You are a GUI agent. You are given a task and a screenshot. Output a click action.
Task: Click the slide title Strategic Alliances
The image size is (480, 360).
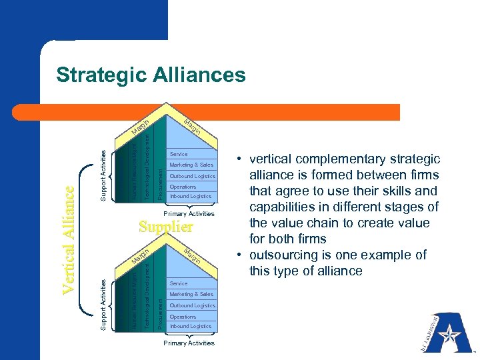[x=151, y=75]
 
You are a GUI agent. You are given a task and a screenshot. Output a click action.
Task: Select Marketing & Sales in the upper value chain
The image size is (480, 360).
[x=191, y=165]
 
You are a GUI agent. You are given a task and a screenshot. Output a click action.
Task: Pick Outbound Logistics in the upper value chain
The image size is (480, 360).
[x=193, y=176]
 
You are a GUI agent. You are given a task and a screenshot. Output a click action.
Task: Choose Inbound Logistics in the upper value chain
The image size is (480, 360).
[x=191, y=196]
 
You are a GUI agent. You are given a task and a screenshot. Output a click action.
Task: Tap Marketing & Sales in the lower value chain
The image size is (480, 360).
[x=191, y=294]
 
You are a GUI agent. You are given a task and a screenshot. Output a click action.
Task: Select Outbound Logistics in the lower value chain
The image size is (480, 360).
[x=193, y=305]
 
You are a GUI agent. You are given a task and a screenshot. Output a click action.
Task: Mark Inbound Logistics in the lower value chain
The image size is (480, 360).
[x=191, y=326]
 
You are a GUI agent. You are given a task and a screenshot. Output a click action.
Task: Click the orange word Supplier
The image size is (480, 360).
[x=166, y=227]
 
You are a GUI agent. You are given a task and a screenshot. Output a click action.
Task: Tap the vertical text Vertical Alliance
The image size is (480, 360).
[x=68, y=239]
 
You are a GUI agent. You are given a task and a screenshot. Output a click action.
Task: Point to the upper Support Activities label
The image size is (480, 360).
[x=103, y=175]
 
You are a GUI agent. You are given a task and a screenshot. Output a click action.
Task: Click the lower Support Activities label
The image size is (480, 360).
[x=103, y=304]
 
